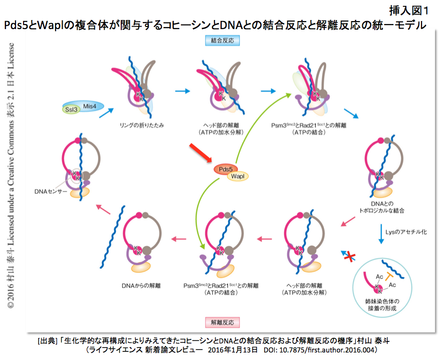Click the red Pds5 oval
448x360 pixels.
[x=225, y=169]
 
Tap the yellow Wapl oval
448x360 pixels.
[x=238, y=176]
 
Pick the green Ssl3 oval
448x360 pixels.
[x=71, y=109]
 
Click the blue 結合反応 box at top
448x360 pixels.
[x=222, y=40]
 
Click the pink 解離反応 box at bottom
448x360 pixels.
[x=222, y=322]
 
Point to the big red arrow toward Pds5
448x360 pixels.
[x=200, y=153]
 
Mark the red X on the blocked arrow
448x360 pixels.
[x=350, y=257]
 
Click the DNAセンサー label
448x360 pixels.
[x=51, y=192]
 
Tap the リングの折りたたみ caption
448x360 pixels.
[x=142, y=125]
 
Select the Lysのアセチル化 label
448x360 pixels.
[x=406, y=232]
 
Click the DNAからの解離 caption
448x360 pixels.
[x=141, y=285]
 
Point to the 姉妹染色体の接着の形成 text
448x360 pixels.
[x=382, y=304]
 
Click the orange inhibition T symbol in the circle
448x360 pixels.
[x=389, y=276]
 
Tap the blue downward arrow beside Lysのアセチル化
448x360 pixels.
[x=381, y=234]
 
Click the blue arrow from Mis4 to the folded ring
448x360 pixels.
[x=106, y=113]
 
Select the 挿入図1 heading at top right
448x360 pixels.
[x=409, y=11]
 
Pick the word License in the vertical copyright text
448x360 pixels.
[x=11, y=56]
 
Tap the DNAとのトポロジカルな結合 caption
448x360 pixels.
[x=382, y=207]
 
